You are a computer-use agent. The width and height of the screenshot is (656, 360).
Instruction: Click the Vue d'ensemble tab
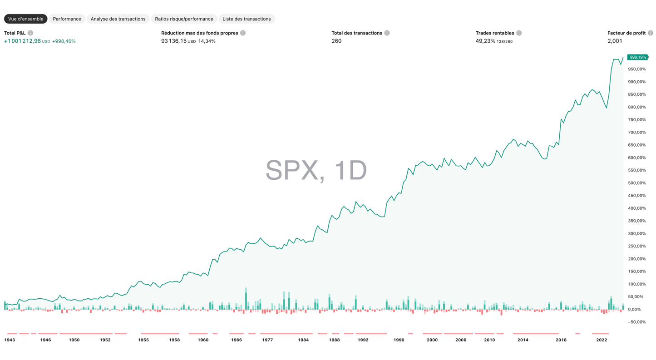coord(26,19)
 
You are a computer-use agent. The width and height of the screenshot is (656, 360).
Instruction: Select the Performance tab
coord(67,19)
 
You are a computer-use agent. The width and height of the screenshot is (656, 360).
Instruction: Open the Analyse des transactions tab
coord(118,19)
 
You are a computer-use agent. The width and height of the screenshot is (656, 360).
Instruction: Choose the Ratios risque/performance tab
coord(184,19)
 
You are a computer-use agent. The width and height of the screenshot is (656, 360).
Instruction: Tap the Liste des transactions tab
coord(247,19)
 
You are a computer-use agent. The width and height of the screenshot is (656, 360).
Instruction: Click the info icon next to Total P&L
coord(30,33)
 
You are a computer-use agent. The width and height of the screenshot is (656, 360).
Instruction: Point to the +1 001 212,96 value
coord(23,41)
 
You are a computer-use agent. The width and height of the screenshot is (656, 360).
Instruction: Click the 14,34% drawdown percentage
coord(207,41)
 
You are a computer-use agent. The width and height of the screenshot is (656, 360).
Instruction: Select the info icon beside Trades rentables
coord(519,33)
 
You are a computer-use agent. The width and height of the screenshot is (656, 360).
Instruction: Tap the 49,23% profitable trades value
coord(485,41)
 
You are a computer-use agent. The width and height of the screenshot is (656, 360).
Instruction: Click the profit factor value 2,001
coord(614,41)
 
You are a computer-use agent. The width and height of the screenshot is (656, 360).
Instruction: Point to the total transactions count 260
coord(336,41)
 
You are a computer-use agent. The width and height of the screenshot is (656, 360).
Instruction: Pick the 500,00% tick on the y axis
coord(637,183)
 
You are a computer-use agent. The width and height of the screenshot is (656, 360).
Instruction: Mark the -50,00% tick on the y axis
coord(636,322)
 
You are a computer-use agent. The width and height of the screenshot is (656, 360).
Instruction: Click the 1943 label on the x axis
coord(10,340)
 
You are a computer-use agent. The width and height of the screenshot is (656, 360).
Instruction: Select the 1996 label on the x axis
coord(399,340)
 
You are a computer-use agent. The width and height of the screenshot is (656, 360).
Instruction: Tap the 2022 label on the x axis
coord(602,340)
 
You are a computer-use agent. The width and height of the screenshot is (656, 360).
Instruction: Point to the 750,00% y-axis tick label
coord(637,120)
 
